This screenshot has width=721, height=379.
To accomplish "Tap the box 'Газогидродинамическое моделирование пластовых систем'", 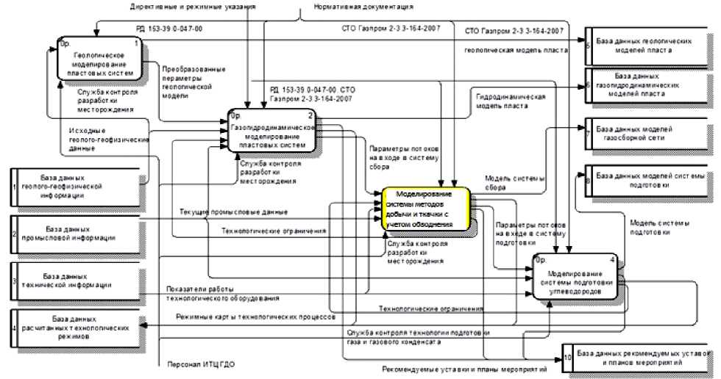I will pyautogui.click(x=273, y=131).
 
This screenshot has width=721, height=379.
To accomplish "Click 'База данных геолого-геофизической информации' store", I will pyautogui.click(x=77, y=187).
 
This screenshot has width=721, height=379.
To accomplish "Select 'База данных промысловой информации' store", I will pyautogui.click(x=77, y=233).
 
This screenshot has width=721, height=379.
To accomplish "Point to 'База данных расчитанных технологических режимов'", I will pyautogui.click(x=77, y=328).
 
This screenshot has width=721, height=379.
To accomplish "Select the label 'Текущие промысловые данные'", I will pyautogui.click(x=233, y=212).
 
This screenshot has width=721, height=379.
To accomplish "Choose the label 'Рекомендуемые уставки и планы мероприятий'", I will pyautogui.click(x=464, y=369).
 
